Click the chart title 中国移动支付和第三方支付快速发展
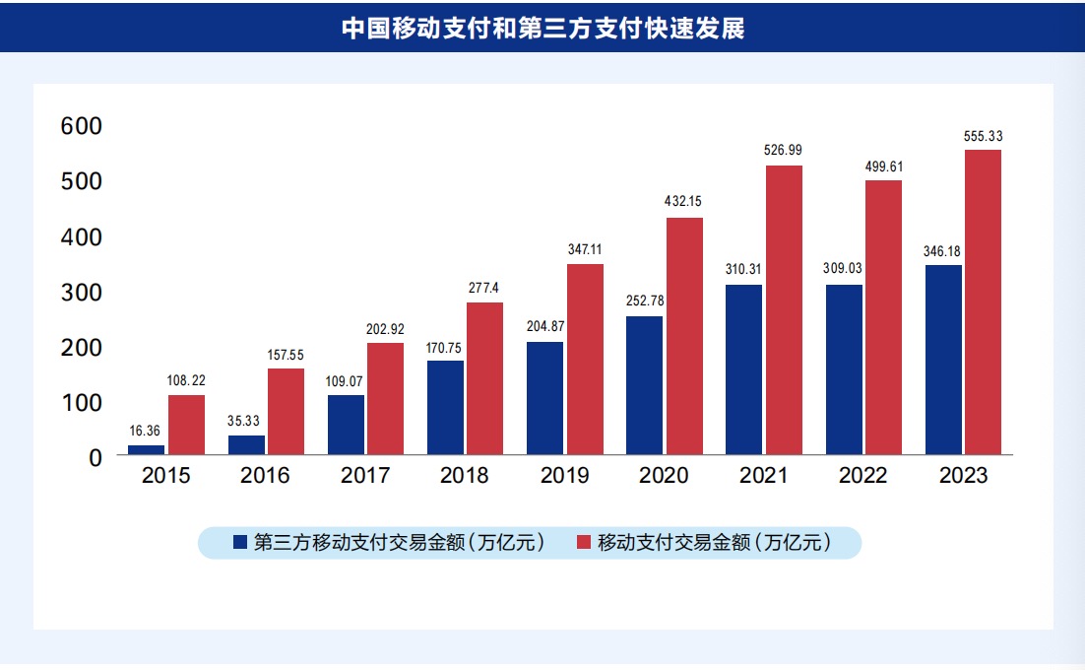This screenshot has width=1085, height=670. pyautogui.click(x=542, y=28)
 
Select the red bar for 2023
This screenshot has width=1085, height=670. pyautogui.click(x=983, y=301)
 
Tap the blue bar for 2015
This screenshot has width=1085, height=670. pyautogui.click(x=147, y=450)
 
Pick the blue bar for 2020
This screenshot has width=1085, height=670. pyautogui.click(x=644, y=385)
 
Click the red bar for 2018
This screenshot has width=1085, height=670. pyautogui.click(x=484, y=378)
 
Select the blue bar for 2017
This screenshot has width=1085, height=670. pyautogui.click(x=346, y=425)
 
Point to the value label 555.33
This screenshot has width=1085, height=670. pyautogui.click(x=983, y=136)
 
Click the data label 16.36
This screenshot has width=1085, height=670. pyautogui.click(x=147, y=431)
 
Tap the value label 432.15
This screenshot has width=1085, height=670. pyautogui.click(x=683, y=202)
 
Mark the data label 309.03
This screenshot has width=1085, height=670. pyautogui.click(x=844, y=268)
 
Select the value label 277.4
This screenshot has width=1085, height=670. pyautogui.click(x=484, y=287)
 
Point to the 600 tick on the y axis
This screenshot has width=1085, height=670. pyautogui.click(x=82, y=126)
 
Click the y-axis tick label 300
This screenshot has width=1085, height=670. pyautogui.click(x=82, y=293)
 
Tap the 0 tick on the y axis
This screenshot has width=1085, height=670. pyautogui.click(x=96, y=457)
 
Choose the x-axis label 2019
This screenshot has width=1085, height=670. pyautogui.click(x=564, y=476)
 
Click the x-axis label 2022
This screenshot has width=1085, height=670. pyautogui.click(x=863, y=476)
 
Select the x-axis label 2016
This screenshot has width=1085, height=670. pyautogui.click(x=266, y=476)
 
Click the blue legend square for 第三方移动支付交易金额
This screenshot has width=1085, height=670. pyautogui.click(x=240, y=542)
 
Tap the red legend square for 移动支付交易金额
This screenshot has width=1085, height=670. pyautogui.click(x=584, y=542)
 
